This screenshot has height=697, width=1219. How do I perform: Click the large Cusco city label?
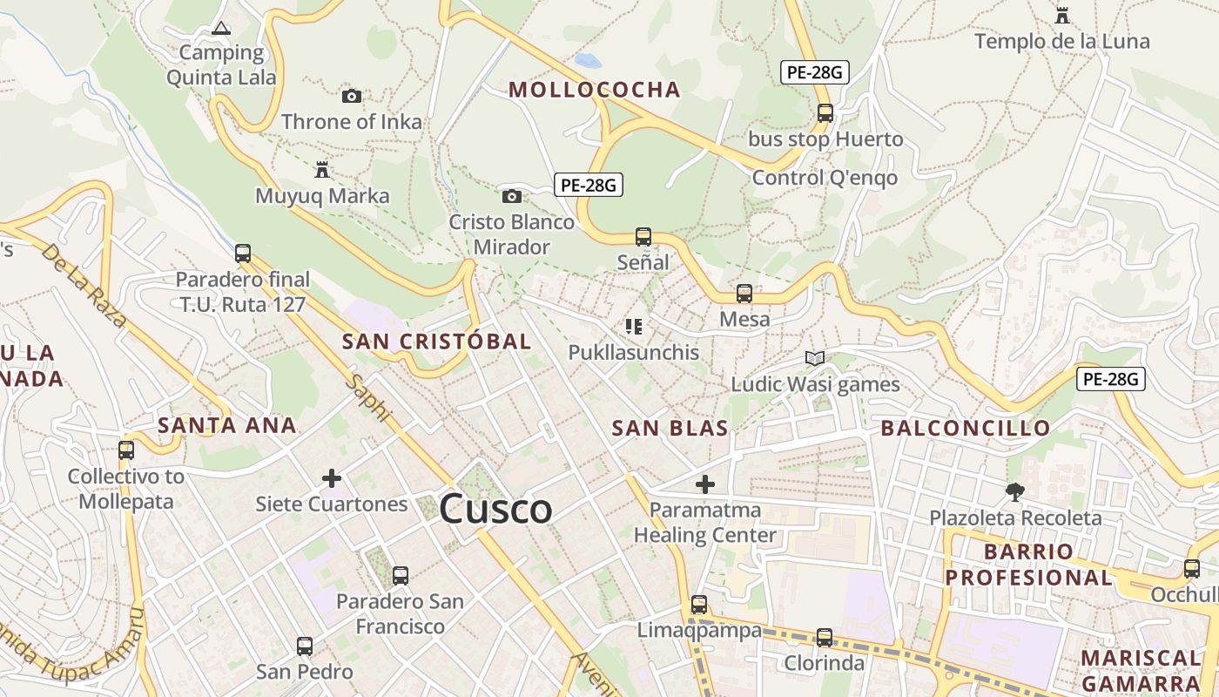[x=495, y=509]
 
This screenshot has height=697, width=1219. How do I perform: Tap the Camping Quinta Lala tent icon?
[x=221, y=29]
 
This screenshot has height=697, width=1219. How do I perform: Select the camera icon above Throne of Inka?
[x=352, y=96]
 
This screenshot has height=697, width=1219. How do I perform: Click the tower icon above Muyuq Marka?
[x=322, y=169]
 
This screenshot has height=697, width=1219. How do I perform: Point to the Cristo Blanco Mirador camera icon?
[x=512, y=196]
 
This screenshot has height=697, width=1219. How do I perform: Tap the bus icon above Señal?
[x=643, y=236]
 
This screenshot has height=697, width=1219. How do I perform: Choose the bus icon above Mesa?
[x=744, y=294]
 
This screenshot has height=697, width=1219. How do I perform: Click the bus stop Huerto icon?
[x=825, y=112]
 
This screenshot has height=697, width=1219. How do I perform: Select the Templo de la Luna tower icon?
[x=1061, y=15]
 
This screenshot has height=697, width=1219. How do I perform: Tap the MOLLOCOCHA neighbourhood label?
[x=594, y=90]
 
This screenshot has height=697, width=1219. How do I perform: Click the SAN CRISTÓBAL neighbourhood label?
[x=436, y=342]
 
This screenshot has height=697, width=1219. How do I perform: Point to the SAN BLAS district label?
[x=670, y=428]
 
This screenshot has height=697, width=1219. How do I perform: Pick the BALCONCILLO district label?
[x=966, y=428]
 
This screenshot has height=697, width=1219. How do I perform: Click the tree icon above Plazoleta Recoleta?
[x=1014, y=492]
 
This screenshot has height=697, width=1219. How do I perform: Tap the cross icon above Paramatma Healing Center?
[x=705, y=484]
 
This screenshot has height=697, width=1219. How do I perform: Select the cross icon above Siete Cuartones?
[x=332, y=478]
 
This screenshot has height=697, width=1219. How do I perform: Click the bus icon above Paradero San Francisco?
[x=401, y=575]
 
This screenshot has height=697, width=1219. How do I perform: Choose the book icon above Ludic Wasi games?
[x=815, y=358]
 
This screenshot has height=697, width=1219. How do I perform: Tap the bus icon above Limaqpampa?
[x=699, y=604]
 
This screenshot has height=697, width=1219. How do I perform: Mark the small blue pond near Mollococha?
[x=589, y=60]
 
